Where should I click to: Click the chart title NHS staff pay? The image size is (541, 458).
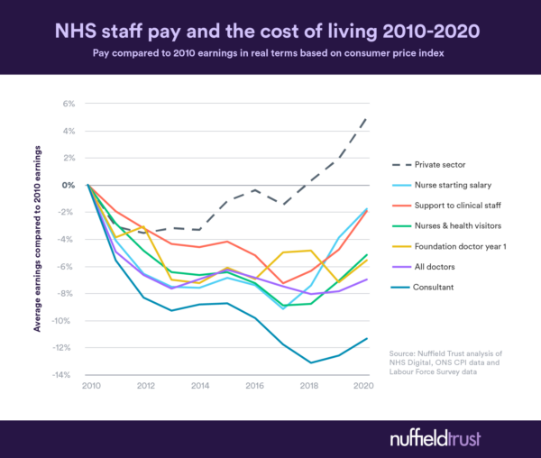[x=270, y=30]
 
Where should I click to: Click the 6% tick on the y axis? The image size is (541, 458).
[x=68, y=104]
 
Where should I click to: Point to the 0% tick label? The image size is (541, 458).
[x=68, y=185]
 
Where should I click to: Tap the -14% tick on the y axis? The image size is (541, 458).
[x=64, y=375]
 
